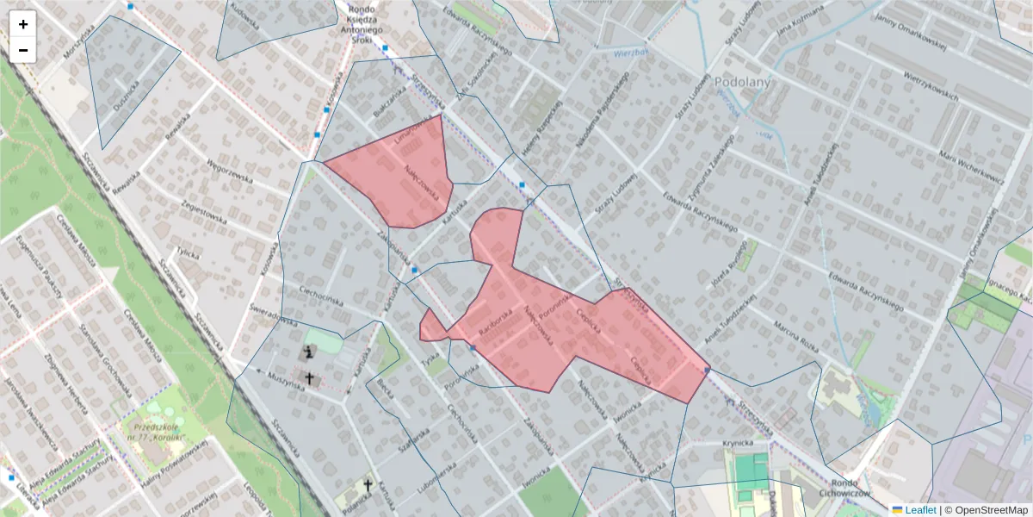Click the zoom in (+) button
(x=23, y=24)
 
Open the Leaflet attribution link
(x=919, y=509)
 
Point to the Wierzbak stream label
(x=629, y=53)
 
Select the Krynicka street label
(x=738, y=443)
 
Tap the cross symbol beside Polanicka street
(x=368, y=485)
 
